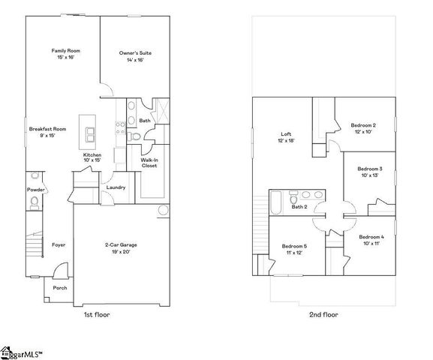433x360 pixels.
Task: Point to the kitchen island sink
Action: pyautogui.click(x=91, y=134)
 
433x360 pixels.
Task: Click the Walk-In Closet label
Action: pyautogui.click(x=149, y=163)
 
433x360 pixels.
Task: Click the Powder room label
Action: pyautogui.click(x=36, y=190)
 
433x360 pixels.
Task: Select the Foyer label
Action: pyautogui.click(x=59, y=245)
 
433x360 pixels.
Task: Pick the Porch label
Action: pyautogui.click(x=60, y=288)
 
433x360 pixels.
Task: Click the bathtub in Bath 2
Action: pyautogui.click(x=276, y=202)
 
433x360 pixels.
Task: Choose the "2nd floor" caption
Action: pyautogui.click(x=323, y=315)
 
